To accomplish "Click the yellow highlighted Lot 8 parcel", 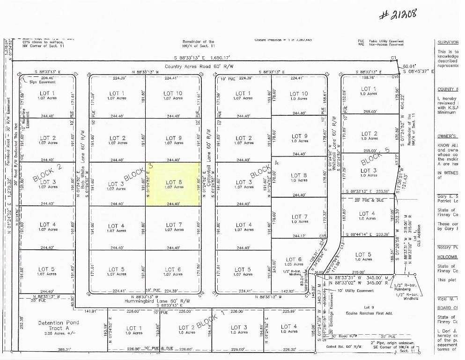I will click(173, 184).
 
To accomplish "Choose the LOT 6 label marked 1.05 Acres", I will click(294, 262).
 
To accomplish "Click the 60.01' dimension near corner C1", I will click(409, 67).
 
